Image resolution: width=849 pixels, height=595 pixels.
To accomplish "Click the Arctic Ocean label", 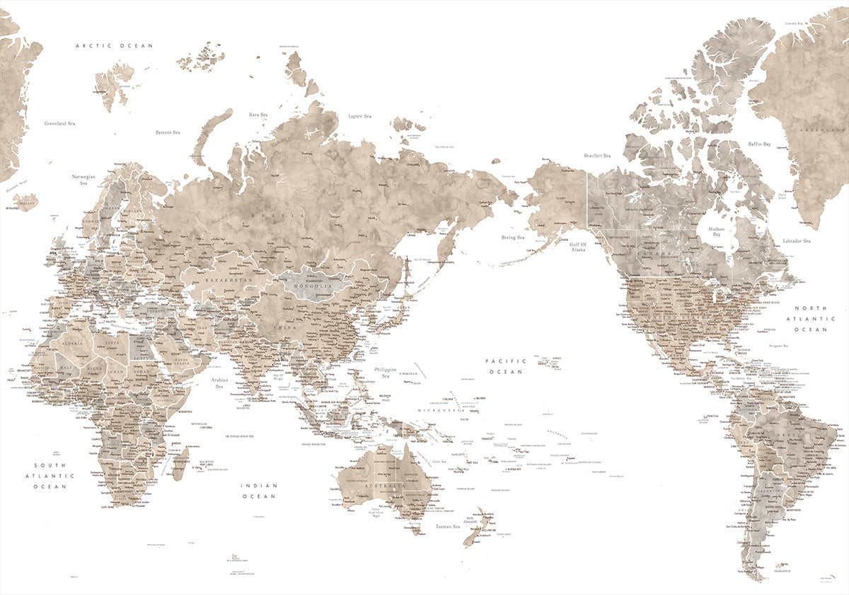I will click(x=115, y=46).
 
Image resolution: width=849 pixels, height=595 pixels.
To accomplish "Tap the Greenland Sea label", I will click(x=60, y=123).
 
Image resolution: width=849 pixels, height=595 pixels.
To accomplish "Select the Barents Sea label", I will click(x=168, y=132).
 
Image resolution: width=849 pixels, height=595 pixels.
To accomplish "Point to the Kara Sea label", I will click(x=258, y=114).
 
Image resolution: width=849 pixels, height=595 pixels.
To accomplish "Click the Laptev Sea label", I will click(x=359, y=115).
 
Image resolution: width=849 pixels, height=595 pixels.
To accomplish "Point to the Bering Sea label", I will click(x=513, y=237).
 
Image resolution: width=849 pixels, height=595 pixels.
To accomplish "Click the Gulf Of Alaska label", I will click(x=573, y=246).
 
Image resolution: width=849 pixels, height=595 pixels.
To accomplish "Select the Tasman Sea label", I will click(x=448, y=526).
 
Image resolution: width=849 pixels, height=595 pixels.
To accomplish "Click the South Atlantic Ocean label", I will click(x=49, y=475).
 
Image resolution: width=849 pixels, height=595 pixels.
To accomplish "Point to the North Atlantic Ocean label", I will click(x=810, y=319).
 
